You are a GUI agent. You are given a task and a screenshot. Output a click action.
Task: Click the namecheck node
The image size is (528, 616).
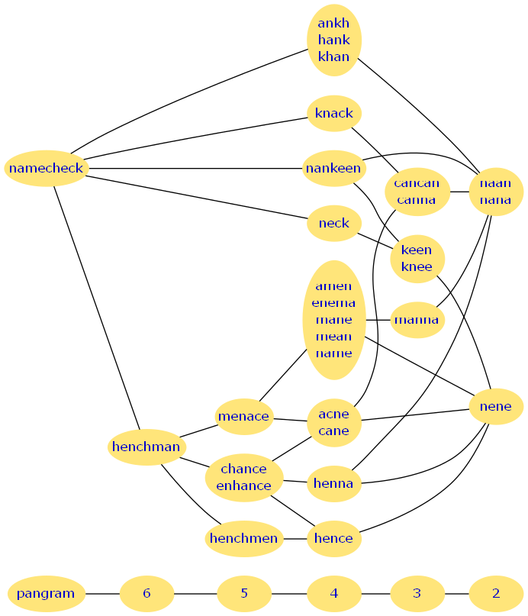(x=47, y=168)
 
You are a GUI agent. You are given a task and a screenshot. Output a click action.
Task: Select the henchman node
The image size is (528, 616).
(x=146, y=447)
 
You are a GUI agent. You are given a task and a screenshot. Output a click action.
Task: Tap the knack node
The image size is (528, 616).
(x=333, y=113)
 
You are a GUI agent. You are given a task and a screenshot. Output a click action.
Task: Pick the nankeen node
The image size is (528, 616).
(x=333, y=168)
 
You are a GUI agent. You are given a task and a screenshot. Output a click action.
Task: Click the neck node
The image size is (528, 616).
(x=333, y=223)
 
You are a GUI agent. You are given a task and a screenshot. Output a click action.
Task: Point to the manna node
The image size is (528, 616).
(x=417, y=320)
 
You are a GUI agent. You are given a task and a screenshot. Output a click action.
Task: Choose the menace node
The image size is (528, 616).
(x=243, y=416)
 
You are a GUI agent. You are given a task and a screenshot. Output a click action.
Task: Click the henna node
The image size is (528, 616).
(x=333, y=483)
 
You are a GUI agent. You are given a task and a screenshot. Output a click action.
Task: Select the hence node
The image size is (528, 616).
(x=333, y=538)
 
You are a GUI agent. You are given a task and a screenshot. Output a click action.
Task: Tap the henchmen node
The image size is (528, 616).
(x=243, y=538)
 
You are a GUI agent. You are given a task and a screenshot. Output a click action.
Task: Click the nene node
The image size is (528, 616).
(x=495, y=407)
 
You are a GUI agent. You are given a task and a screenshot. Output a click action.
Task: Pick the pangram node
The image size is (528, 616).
(x=46, y=593)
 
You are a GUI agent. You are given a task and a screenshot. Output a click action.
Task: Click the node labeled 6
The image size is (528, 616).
(x=146, y=593)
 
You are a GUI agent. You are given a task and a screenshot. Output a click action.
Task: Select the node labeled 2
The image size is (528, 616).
(x=495, y=593)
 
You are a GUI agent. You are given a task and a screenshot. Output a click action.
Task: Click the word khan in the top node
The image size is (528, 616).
(x=333, y=56)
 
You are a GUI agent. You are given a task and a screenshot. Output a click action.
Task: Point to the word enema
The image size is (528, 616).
(x=333, y=303)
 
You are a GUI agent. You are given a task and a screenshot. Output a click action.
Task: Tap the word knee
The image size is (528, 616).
(x=417, y=266)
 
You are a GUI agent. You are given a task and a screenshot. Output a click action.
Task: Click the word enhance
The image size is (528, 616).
(x=243, y=485)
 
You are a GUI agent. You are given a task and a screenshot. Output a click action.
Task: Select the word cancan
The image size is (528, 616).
(x=417, y=183)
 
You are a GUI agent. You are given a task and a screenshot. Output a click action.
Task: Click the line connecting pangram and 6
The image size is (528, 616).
(x=102, y=593)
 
